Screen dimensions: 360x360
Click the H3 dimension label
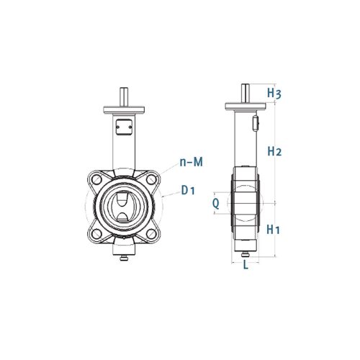[274, 93]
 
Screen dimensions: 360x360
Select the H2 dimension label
[274, 151]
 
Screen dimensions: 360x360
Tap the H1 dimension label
[274, 230]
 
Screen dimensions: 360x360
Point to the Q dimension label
[216, 204]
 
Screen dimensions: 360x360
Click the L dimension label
[246, 265]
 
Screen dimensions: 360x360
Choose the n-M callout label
[192, 162]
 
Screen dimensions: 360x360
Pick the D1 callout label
[188, 190]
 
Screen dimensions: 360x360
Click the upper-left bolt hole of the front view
[96, 179]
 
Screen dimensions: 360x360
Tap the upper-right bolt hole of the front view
[151, 179]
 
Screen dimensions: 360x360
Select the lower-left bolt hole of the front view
[96, 233]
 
